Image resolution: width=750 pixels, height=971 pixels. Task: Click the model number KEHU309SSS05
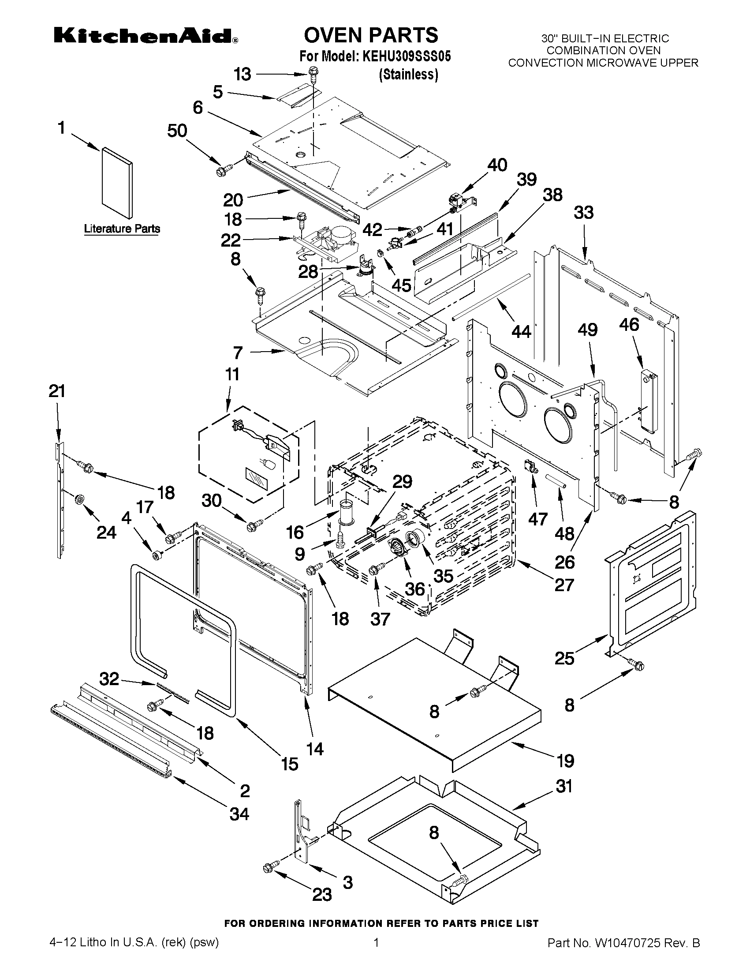click(406, 57)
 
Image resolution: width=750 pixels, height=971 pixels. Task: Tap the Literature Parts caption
click(122, 229)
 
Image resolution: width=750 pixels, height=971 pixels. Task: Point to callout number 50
click(177, 131)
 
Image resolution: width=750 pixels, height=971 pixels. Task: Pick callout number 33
click(583, 213)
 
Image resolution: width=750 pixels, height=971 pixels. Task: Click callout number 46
click(629, 325)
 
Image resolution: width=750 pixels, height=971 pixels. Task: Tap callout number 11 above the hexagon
click(231, 375)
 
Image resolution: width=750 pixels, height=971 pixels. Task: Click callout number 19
click(565, 761)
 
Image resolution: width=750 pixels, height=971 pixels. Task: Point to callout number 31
click(564, 787)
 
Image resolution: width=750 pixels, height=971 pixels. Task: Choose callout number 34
click(239, 814)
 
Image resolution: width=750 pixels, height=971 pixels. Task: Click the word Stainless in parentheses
click(408, 74)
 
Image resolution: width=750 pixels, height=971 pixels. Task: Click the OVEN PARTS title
click(371, 35)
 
